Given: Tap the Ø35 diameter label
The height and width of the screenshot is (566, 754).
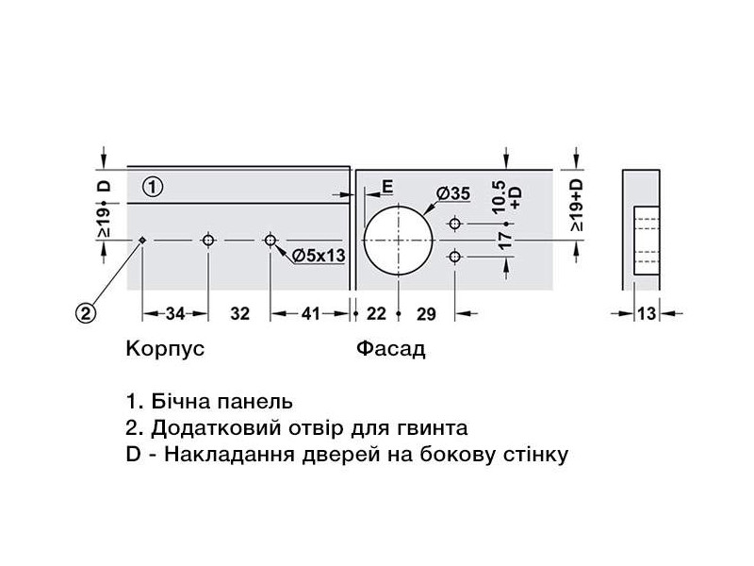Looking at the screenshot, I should tap(452, 193).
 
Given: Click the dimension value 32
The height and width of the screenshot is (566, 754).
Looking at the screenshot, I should tap(239, 315).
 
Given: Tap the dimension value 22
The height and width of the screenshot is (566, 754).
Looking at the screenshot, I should tap(377, 315).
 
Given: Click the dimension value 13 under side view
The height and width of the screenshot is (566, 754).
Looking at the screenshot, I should tap(646, 315).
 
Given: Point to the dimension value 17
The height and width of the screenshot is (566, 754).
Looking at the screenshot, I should tap(506, 241).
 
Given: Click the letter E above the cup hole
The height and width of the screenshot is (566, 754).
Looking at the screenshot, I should tap(387, 186).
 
